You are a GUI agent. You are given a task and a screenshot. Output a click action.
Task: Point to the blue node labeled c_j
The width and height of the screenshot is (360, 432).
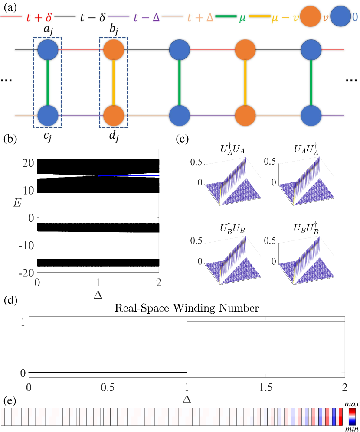coord(48,116)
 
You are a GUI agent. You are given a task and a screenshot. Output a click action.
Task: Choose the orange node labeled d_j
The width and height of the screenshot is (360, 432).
coord(114,116)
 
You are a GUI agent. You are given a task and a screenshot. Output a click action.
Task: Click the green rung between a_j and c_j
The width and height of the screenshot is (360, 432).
coord(48,83)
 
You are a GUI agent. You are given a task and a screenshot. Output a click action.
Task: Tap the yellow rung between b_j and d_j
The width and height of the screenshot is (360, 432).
coord(114,83)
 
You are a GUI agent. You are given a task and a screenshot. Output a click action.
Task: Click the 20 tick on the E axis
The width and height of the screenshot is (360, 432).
coord(28,163)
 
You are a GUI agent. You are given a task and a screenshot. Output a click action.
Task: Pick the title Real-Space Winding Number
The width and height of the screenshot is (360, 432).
coord(187,309)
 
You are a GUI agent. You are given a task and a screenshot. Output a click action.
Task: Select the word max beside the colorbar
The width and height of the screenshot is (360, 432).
coord(351,404)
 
